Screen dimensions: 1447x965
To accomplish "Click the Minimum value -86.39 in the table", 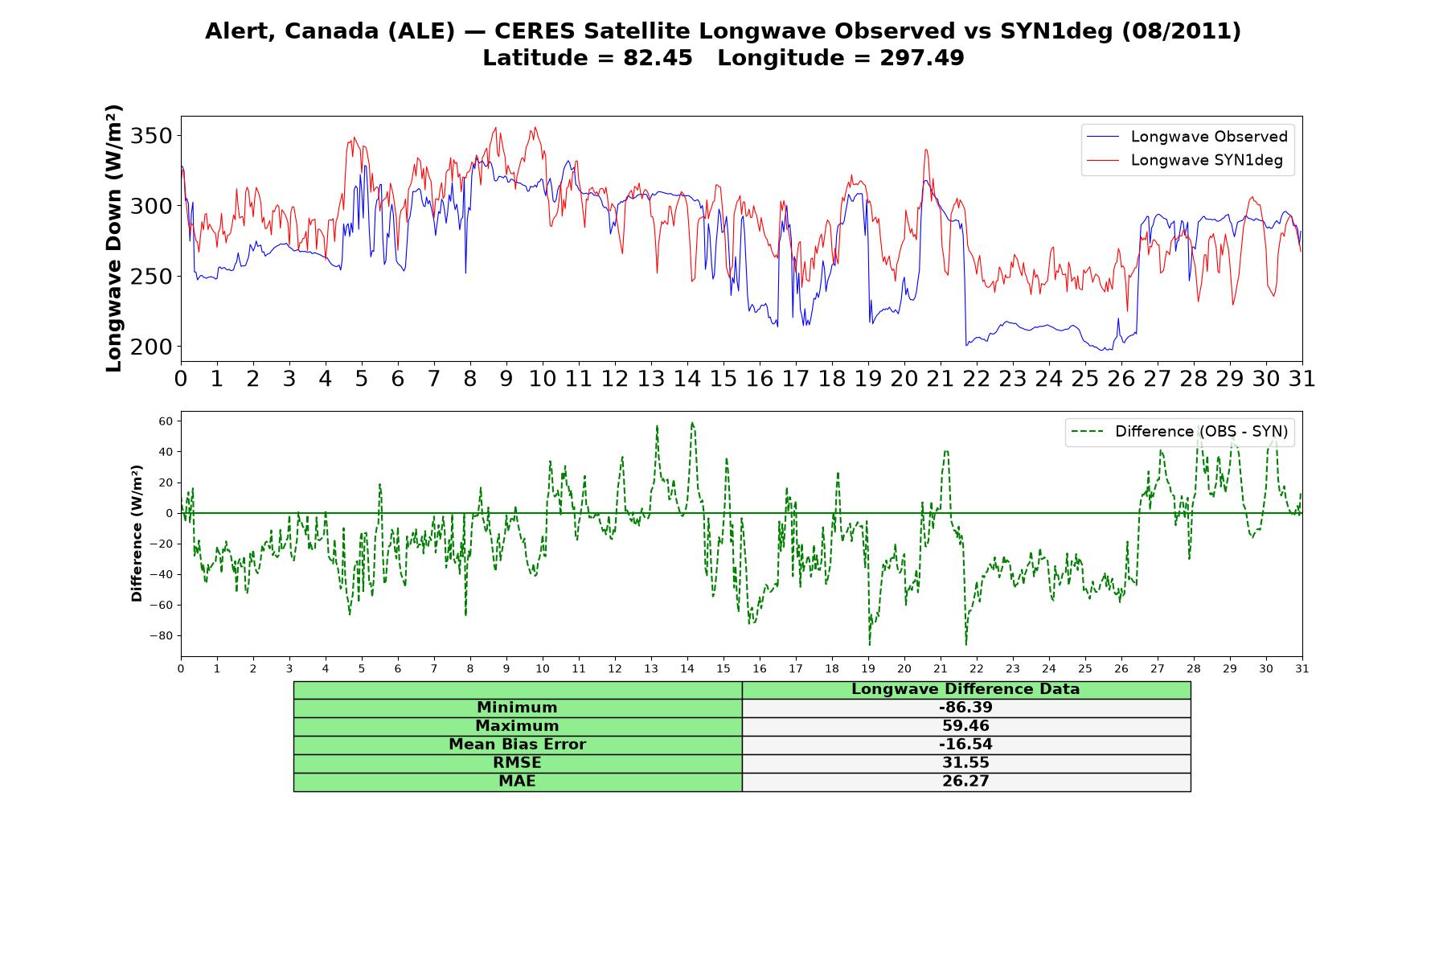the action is pyautogui.click(x=965, y=708).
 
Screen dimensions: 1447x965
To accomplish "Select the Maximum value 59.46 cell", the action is pyautogui.click(x=965, y=726).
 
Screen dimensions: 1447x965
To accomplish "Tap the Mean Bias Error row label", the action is pyautogui.click(x=517, y=745).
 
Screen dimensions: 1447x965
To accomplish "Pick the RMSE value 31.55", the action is pyautogui.click(x=965, y=763).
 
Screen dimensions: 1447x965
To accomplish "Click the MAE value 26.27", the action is pyautogui.click(x=965, y=782).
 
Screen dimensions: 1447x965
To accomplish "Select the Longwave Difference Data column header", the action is pyautogui.click(x=965, y=689).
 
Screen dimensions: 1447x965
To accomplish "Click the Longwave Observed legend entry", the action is pyautogui.click(x=1187, y=137).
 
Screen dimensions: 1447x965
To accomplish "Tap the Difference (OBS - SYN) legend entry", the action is pyautogui.click(x=1179, y=432).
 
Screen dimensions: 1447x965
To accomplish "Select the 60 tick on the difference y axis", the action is pyautogui.click(x=166, y=421).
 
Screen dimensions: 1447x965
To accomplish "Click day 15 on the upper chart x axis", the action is pyautogui.click(x=723, y=379).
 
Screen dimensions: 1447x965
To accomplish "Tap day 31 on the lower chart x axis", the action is pyautogui.click(x=1302, y=669).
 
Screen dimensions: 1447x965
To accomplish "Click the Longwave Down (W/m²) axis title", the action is pyautogui.click(x=113, y=238).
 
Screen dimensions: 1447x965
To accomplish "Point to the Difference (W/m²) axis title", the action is pyautogui.click(x=137, y=533).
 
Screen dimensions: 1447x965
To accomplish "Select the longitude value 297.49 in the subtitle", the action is pyautogui.click(x=922, y=58).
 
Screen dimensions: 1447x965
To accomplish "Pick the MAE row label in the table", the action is pyautogui.click(x=517, y=782).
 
